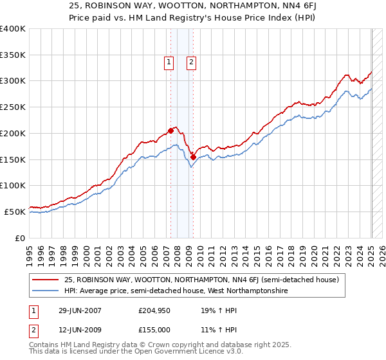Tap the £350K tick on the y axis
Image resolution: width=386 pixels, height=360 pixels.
click(x=13, y=55)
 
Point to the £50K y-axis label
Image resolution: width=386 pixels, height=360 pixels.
click(x=15, y=212)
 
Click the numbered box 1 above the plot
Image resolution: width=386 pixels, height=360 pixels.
click(x=169, y=62)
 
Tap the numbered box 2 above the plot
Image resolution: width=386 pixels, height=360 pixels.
click(x=192, y=62)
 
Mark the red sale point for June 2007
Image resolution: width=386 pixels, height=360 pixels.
click(x=171, y=130)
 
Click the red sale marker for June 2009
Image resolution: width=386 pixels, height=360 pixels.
click(x=193, y=156)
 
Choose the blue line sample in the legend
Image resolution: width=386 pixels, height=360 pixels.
click(x=46, y=291)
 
